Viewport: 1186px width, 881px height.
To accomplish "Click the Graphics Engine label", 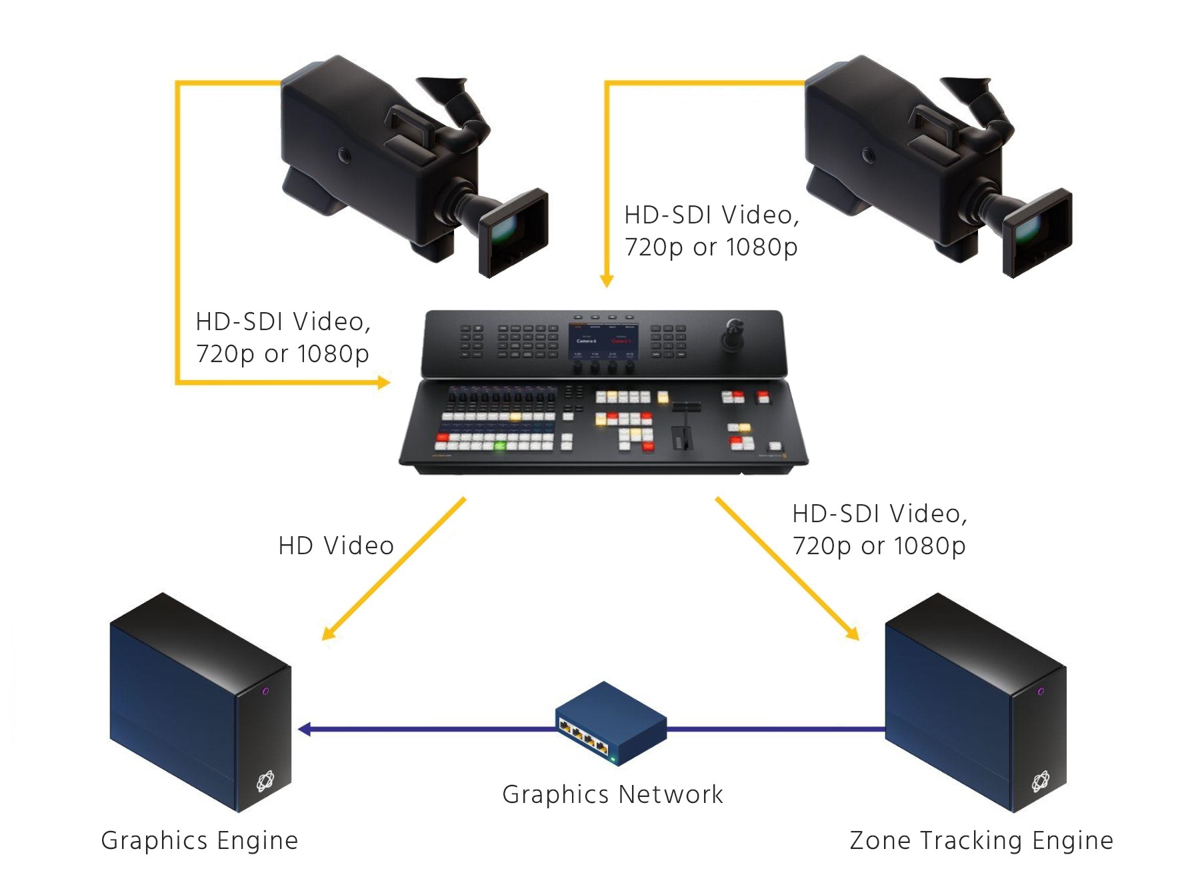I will (199, 840).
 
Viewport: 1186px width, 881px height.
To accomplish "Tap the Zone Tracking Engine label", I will (981, 840).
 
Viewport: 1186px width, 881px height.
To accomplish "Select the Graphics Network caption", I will (612, 794).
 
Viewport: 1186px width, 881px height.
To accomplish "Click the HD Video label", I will (336, 546).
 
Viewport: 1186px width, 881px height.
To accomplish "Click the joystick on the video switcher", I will (733, 333).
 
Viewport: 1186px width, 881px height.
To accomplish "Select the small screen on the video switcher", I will (603, 340).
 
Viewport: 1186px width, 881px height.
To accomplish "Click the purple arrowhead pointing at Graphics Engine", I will (304, 729).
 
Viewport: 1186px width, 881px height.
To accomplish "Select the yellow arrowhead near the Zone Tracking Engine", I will (852, 633).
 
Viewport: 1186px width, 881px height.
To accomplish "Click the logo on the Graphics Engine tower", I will (265, 780).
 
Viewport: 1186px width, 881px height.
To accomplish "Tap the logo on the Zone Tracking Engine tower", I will (1041, 780).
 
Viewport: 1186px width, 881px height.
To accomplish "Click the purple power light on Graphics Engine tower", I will (265, 691).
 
